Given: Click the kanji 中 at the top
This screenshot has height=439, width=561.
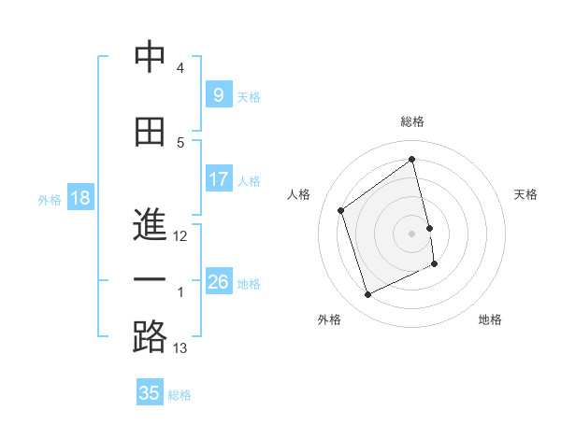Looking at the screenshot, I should [x=150, y=58].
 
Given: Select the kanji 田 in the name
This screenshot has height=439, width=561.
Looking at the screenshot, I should [x=150, y=132].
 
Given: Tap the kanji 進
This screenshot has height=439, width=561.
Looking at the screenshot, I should [x=150, y=224].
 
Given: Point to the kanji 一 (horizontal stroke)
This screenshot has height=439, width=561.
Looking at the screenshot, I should [x=150, y=280].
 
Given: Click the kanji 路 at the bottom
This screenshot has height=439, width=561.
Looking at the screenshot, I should [x=150, y=336].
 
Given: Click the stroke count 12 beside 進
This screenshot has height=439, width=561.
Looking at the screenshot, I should [x=180, y=236].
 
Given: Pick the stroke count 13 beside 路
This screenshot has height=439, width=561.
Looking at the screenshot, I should [x=180, y=348].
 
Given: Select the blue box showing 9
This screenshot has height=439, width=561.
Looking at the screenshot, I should [x=218, y=95].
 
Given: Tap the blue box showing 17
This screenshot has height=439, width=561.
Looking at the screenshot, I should [x=218, y=179].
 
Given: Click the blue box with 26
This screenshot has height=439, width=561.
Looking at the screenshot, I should [x=218, y=282].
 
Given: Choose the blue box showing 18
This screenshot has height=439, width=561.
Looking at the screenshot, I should [x=79, y=198].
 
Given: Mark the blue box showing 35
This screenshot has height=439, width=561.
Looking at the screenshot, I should [x=150, y=393].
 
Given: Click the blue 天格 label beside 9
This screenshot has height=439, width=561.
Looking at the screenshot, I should [x=249, y=96].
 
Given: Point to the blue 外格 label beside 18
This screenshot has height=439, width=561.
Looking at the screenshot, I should [x=50, y=199].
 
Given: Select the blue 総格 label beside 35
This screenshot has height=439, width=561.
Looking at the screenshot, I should [x=180, y=394].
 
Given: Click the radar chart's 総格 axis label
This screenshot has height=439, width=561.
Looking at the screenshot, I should [x=412, y=121].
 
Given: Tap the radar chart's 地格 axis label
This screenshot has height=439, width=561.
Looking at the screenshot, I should [x=490, y=319].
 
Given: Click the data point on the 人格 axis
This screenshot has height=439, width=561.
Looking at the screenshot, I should [x=340, y=210].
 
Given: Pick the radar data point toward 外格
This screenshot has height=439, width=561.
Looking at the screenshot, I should [x=367, y=295].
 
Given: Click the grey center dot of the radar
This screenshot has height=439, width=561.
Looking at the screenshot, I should [x=412, y=233].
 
